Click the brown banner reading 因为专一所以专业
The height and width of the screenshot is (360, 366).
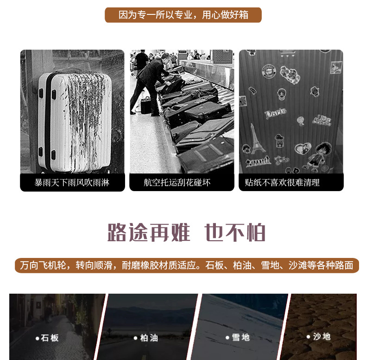(x=183, y=15)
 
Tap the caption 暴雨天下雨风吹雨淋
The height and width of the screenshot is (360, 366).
(x=72, y=183)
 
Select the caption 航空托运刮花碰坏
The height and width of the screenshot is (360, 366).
(x=177, y=183)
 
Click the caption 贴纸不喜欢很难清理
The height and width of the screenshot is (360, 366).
(x=282, y=183)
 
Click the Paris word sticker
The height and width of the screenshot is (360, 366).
(x=276, y=113)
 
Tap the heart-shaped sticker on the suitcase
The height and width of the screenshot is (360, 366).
(x=303, y=148)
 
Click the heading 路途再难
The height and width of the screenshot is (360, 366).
(x=149, y=232)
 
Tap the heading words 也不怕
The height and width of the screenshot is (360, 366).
(x=235, y=232)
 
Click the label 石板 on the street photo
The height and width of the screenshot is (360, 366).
(x=50, y=338)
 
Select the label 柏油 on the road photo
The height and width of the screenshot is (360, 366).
(x=149, y=338)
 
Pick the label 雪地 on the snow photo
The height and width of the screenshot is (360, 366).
(x=240, y=337)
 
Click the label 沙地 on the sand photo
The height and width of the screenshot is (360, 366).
(x=322, y=337)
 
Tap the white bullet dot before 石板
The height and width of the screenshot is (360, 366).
(x=38, y=338)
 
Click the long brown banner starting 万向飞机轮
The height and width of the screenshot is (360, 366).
(x=187, y=265)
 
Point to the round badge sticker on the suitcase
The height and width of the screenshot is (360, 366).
(x=269, y=71)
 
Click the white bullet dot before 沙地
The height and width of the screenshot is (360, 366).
(x=309, y=337)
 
